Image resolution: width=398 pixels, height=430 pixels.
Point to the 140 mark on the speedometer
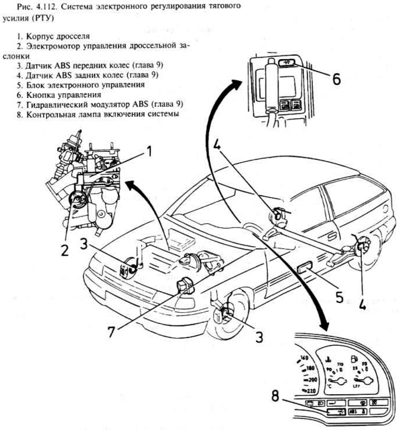tap(303, 357)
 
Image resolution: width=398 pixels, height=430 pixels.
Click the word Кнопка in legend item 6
tap(37, 95)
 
